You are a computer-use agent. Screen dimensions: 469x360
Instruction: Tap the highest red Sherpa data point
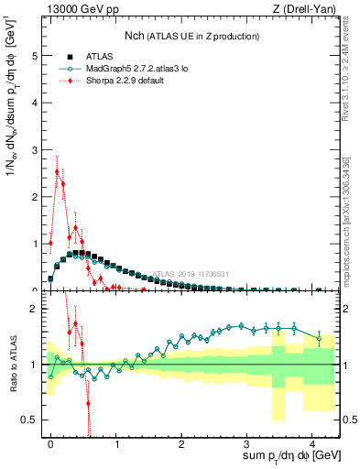pos(57,171)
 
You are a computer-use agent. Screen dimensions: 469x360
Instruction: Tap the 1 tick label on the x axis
pos(116,443)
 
